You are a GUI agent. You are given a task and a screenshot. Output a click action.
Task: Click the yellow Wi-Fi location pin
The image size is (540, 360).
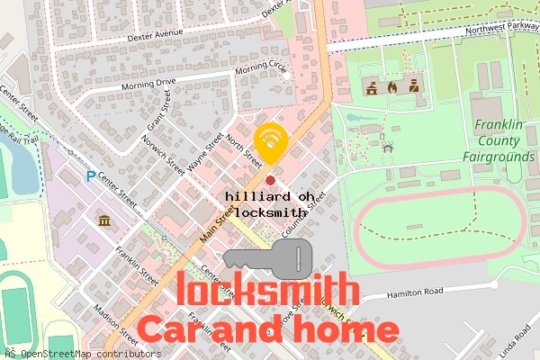271,142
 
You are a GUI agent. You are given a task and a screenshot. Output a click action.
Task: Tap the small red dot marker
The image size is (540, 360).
270,181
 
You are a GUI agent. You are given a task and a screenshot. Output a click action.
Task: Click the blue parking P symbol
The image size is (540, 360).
90,177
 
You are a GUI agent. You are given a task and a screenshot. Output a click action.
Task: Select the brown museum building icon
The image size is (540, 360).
104,221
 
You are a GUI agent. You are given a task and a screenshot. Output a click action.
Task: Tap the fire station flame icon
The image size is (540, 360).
391,87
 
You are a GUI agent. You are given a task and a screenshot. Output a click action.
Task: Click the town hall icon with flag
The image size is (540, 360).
371,87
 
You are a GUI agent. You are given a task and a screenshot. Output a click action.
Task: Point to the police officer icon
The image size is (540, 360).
412,87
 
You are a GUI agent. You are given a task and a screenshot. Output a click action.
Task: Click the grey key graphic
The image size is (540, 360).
268,258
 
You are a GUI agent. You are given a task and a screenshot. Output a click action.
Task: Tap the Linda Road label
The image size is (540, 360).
517,346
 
